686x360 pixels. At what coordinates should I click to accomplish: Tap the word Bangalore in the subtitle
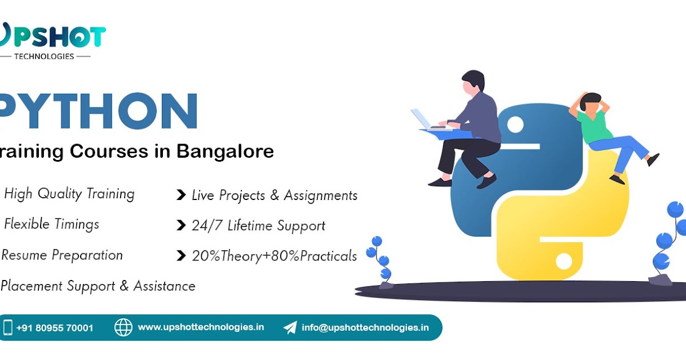pyautogui.click(x=225, y=151)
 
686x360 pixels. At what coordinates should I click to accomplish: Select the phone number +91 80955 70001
pyautogui.click(x=55, y=328)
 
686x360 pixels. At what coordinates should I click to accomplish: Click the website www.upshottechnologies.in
pyautogui.click(x=201, y=327)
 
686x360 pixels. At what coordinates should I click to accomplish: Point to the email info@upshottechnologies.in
pyautogui.click(x=365, y=327)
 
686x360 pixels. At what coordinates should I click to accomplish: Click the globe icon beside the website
pyautogui.click(x=123, y=327)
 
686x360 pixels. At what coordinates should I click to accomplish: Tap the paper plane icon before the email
pyautogui.click(x=290, y=327)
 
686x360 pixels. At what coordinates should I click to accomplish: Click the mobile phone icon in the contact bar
pyautogui.click(x=8, y=327)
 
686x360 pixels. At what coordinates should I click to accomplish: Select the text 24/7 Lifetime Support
pyautogui.click(x=258, y=226)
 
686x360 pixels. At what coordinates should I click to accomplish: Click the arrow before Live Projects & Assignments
pyautogui.click(x=181, y=195)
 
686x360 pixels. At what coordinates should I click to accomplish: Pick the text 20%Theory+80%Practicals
pyautogui.click(x=274, y=256)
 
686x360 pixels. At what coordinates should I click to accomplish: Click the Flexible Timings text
pyautogui.click(x=51, y=224)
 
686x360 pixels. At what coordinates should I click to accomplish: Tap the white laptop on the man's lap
pyautogui.click(x=422, y=119)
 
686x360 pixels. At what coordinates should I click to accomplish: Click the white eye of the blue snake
pyautogui.click(x=515, y=123)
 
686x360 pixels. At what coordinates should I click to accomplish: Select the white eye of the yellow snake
pyautogui.click(x=564, y=262)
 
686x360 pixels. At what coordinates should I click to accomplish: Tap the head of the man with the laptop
pyautogui.click(x=473, y=83)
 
